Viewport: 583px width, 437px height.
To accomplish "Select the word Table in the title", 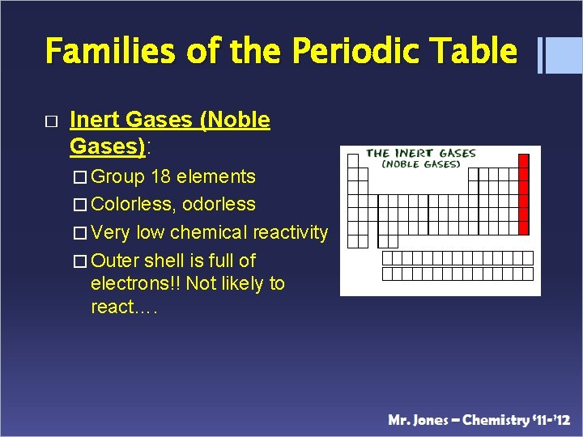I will pyautogui.click(x=478, y=51).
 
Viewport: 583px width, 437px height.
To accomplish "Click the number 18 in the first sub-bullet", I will pyautogui.click(x=160, y=176).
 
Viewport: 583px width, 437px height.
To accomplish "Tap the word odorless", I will pyautogui.click(x=219, y=205).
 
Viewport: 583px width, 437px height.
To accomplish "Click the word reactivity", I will pyautogui.click(x=290, y=233).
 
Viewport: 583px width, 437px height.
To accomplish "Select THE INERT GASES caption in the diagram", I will pyautogui.click(x=421, y=153).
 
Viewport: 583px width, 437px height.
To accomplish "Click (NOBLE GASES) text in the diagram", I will pyautogui.click(x=421, y=164).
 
